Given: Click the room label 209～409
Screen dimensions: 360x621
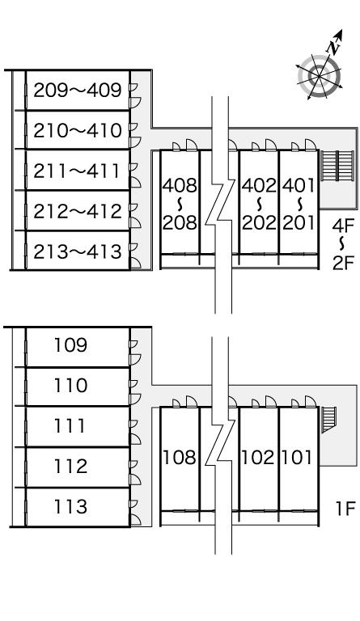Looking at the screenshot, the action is (77, 91).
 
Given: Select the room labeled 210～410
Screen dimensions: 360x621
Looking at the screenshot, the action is (77, 130).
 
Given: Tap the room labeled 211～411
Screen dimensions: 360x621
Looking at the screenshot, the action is (76, 171).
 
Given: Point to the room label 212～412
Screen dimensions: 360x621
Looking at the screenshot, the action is (77, 211).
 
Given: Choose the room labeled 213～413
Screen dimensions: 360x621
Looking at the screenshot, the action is (77, 251).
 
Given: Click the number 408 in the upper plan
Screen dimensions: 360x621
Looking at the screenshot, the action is (180, 185).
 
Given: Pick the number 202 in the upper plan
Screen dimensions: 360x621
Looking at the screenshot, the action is (259, 222).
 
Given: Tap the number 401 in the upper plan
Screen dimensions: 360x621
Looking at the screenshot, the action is (299, 185).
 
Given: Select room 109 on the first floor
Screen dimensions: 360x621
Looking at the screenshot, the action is (70, 345).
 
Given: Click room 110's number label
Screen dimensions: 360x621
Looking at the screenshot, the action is (70, 386).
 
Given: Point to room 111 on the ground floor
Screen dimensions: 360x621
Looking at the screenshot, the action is (70, 426).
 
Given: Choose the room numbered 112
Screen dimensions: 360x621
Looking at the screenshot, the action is (70, 466).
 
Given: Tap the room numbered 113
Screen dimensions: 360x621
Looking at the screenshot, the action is (70, 506).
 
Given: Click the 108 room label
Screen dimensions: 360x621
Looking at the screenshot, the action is (180, 458).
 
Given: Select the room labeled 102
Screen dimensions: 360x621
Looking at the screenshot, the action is (258, 458).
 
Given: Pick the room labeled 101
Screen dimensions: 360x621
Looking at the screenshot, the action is (297, 458).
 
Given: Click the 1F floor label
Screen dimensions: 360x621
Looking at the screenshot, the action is (345, 509).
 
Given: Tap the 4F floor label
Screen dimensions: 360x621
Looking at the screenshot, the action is (343, 226).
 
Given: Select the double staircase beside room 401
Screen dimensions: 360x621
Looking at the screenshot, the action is (337, 166).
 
